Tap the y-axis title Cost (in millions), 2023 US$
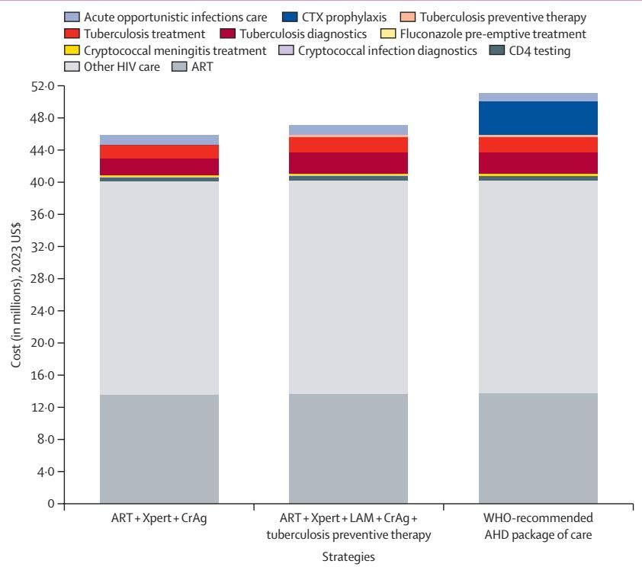click(17, 295)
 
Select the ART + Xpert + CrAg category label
click(159, 518)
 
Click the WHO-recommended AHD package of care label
click(538, 525)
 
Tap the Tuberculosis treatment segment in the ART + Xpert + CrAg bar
click(159, 152)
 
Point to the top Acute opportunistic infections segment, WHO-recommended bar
click(538, 97)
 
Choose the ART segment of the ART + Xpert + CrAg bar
click(159, 449)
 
